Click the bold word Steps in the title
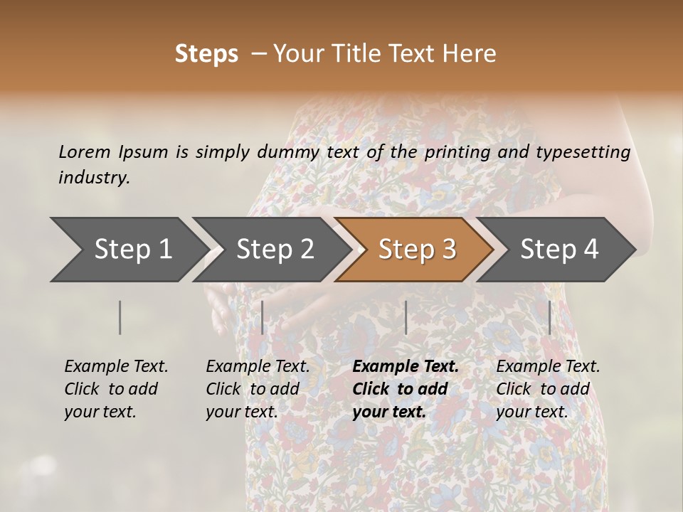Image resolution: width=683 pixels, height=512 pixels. tap(206, 54)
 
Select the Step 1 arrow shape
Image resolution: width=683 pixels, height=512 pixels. tap(128, 250)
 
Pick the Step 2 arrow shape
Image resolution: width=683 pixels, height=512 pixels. tap(274, 250)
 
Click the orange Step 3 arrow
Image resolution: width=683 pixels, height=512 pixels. tap(416, 250)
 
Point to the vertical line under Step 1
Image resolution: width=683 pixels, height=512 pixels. tap(120, 317)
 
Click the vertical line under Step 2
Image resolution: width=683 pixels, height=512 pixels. tap(263, 317)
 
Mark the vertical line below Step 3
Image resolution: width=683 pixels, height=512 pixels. tap(406, 317)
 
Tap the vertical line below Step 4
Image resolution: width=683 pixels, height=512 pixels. tap(549, 317)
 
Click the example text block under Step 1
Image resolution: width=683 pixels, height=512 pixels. tap(116, 389)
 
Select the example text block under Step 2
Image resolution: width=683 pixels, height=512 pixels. tap(258, 389)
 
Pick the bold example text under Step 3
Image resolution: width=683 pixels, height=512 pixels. tap(406, 389)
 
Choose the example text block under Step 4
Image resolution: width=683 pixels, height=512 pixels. tap(548, 389)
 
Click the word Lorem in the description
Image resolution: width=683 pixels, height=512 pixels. tap(85, 152)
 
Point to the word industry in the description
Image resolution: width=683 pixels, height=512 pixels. tap(93, 178)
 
